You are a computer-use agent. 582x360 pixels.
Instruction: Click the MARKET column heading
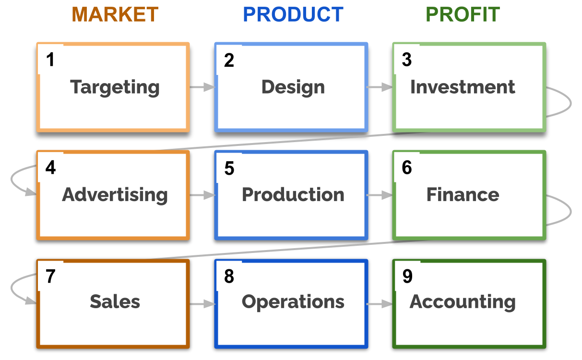[x=115, y=15]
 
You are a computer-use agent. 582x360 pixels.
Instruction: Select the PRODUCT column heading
[x=293, y=15]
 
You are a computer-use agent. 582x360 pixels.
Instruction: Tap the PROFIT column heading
[x=463, y=15]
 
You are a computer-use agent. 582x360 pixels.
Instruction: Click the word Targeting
[x=115, y=87]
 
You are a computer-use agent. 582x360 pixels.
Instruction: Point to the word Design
[x=293, y=87]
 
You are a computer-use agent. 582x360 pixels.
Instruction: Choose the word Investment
[x=463, y=87]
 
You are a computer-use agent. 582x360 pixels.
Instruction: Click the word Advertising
[x=115, y=195]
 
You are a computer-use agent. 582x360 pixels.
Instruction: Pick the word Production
[x=293, y=194]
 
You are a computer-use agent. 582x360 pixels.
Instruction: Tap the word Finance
[x=463, y=194]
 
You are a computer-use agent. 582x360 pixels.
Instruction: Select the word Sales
[x=115, y=301]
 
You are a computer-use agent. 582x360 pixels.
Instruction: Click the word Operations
[x=293, y=301]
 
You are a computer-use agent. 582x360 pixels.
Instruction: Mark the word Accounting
[x=463, y=302]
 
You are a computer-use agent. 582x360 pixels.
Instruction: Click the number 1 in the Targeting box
[x=50, y=60]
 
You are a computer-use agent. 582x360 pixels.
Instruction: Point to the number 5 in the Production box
[x=229, y=168]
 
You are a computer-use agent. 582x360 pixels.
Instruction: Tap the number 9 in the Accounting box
[x=407, y=276]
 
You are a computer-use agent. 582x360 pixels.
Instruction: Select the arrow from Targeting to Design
[x=202, y=87]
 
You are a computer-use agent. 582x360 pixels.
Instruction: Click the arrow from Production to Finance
[x=380, y=195]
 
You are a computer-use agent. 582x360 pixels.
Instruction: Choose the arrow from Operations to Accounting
[x=380, y=304]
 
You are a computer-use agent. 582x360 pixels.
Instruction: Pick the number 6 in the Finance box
[x=407, y=168]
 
